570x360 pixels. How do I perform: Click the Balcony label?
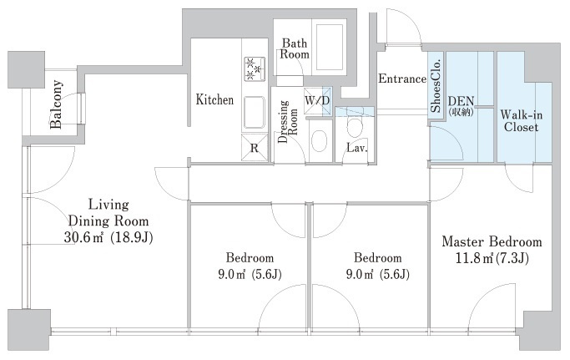[56, 104]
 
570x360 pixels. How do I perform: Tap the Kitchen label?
[214, 99]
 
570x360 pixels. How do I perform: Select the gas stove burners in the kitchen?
[255, 68]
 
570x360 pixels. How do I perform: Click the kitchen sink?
[254, 113]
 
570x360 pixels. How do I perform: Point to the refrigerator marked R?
[255, 148]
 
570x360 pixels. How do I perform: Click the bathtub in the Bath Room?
[330, 47]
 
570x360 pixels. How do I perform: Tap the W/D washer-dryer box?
[317, 100]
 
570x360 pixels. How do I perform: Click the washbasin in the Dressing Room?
[320, 141]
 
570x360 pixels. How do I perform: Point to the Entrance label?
[402, 79]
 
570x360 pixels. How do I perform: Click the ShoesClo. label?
[436, 85]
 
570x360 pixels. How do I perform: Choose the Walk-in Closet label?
[521, 121]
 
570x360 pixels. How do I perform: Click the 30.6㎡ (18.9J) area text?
[108, 237]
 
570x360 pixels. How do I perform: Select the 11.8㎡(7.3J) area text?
[492, 258]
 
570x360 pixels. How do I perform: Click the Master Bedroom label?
[492, 241]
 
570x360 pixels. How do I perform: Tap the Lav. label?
[357, 148]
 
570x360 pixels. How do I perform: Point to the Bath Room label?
[295, 48]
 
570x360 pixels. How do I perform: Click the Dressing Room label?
[287, 121]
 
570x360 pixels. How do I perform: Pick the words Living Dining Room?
[108, 213]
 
